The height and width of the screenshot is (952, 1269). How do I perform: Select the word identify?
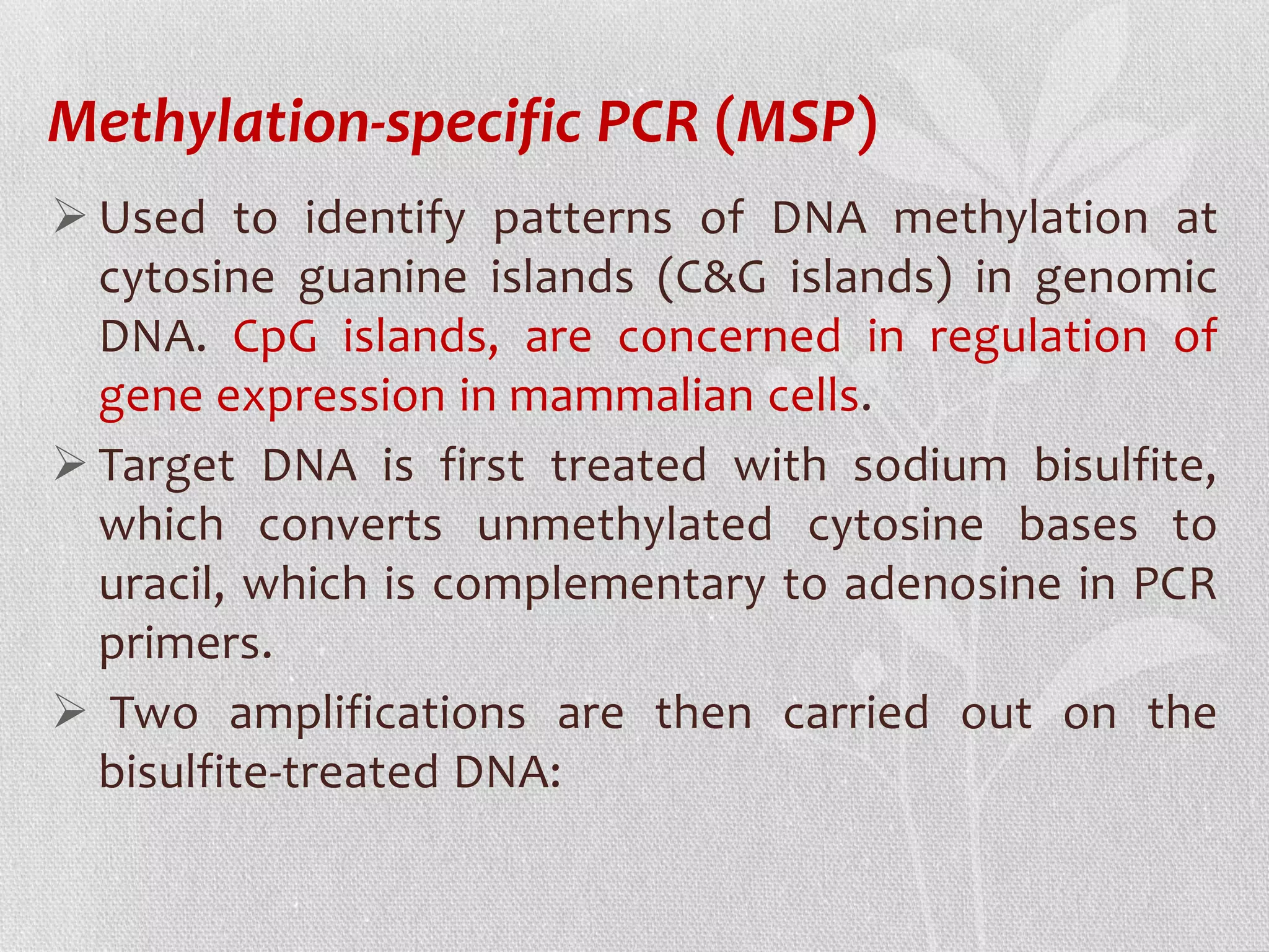pyautogui.click(x=385, y=219)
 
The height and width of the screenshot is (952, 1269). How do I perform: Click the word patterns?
pyautogui.click(x=582, y=219)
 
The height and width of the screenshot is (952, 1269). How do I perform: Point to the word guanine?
pyautogui.click(x=382, y=279)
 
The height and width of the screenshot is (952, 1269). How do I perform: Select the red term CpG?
pyautogui.click(x=275, y=338)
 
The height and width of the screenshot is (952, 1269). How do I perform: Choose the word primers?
pyautogui.click(x=185, y=645)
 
